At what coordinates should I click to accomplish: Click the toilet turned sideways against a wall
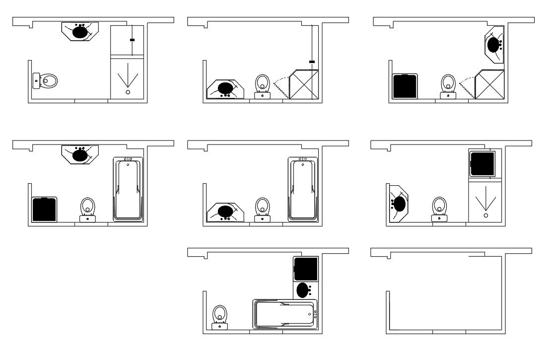(x=46, y=80)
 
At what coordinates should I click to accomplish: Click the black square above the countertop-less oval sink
(x=305, y=268)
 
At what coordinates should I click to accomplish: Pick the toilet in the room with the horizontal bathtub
(x=219, y=316)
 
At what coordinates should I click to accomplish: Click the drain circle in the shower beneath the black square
(x=485, y=216)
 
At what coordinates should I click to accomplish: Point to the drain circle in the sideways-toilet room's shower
(x=128, y=92)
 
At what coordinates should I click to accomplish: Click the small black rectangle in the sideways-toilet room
(x=132, y=40)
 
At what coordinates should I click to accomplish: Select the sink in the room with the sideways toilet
(x=80, y=32)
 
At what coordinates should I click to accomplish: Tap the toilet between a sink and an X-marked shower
(x=263, y=85)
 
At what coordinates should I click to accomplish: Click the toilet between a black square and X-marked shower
(x=448, y=85)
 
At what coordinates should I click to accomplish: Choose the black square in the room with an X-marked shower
(x=405, y=86)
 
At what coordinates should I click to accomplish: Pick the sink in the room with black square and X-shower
(x=493, y=45)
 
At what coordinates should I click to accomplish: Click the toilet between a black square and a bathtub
(x=88, y=209)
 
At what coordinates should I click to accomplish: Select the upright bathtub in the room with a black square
(x=128, y=189)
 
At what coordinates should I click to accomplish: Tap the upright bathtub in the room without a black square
(x=302, y=189)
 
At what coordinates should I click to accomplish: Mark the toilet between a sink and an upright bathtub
(x=263, y=209)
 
